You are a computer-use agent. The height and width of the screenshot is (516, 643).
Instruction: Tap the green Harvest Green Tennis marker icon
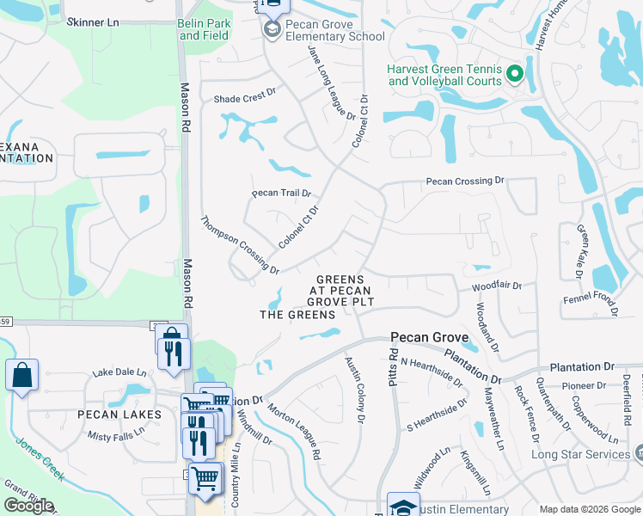pyautogui.click(x=516, y=74)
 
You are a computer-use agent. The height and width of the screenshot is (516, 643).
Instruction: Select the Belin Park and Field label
pyautogui.click(x=204, y=29)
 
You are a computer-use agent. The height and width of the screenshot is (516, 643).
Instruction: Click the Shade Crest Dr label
pyautogui.click(x=244, y=98)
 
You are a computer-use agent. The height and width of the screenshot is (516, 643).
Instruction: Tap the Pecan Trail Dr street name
pyautogui.click(x=280, y=193)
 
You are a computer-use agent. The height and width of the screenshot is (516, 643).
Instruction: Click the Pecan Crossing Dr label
pyautogui.click(x=465, y=181)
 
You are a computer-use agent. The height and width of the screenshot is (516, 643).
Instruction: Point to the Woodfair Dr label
pyautogui.click(x=496, y=286)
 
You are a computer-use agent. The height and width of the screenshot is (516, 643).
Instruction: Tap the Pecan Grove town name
pyautogui.click(x=429, y=337)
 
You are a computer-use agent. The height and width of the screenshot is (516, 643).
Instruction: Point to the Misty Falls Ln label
pyautogui.click(x=115, y=436)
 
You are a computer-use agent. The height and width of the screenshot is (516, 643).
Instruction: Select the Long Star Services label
pyautogui.click(x=580, y=455)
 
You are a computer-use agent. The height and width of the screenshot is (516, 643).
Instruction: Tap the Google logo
pyautogui.click(x=29, y=506)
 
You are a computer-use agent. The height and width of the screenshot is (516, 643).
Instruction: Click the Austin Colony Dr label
pyautogui.click(x=354, y=389)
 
